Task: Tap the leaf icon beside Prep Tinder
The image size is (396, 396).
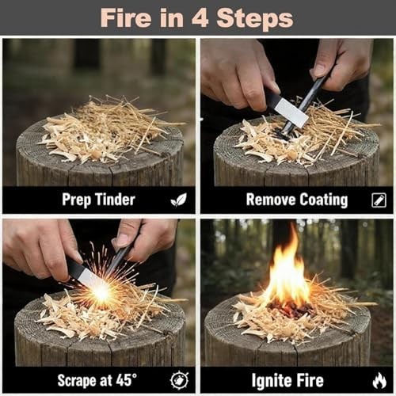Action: click(178, 200)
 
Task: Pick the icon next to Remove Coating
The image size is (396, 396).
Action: click(378, 200)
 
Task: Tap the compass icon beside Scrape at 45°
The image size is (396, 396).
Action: click(179, 380)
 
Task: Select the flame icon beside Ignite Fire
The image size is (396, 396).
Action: click(379, 380)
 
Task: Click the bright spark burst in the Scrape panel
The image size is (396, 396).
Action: click(101, 291)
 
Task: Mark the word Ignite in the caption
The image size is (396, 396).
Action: click(273, 380)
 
